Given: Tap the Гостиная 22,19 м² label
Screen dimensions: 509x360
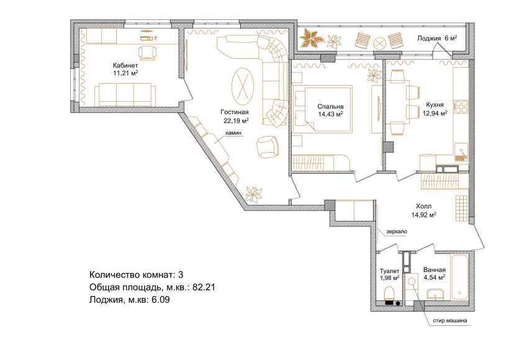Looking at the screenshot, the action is [235, 117].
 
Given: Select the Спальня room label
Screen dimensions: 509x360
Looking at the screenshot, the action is [330, 107].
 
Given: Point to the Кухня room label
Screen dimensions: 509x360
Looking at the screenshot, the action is [435, 105].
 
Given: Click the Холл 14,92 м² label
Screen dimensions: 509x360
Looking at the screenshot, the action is [423, 210].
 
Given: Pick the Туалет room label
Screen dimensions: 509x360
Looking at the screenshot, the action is [390, 271].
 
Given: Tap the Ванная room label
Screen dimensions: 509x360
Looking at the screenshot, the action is [435, 270].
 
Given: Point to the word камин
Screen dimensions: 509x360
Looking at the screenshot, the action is [234, 133].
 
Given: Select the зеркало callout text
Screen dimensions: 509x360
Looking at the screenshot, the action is [397, 232].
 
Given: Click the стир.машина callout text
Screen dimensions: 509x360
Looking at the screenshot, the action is [450, 321].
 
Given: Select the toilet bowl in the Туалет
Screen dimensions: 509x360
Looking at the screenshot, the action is [389, 294].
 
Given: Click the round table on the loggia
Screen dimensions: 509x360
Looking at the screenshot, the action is [379, 43].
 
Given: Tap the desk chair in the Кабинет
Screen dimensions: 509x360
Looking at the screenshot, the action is [147, 53].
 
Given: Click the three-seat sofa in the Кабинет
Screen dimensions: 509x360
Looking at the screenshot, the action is [125, 95].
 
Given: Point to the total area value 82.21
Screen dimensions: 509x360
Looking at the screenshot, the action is [204, 287].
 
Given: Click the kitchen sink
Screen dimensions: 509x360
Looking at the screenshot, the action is [461, 152].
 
